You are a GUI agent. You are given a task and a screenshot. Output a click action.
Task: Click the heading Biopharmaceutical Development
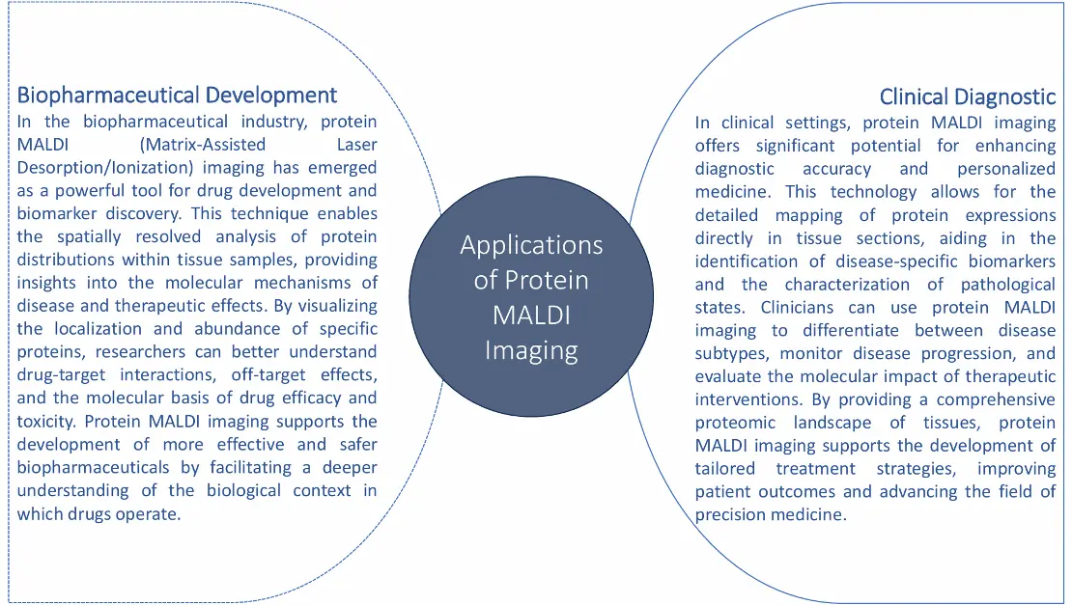point(177,95)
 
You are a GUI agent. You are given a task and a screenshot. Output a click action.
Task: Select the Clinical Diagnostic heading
point(968,96)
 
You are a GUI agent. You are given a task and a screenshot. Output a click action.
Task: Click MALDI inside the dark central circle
point(531,315)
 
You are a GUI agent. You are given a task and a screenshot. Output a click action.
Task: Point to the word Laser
point(357,144)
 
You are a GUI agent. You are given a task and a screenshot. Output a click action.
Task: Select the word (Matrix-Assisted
point(203,145)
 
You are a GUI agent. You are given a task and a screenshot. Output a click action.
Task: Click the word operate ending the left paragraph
point(150,514)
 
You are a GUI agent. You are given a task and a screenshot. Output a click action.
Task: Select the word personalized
point(1006,170)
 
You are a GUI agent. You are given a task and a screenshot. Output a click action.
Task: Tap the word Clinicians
point(797,307)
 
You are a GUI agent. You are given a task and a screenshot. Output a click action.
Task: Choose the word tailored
point(724,468)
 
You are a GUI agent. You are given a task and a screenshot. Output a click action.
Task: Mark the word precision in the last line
point(727,515)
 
